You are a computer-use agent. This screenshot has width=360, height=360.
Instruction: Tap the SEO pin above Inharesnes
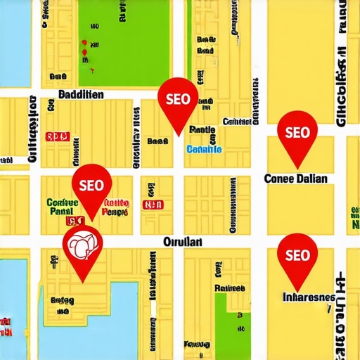297,255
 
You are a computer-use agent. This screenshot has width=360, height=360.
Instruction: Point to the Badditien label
81,94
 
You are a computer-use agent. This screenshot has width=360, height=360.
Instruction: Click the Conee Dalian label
295,179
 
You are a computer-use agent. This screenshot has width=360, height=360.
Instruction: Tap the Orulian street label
182,242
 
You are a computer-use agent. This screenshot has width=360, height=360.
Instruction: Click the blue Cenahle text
205,149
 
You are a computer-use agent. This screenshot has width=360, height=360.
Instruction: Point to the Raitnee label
229,288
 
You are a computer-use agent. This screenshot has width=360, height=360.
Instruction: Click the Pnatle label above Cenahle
202,130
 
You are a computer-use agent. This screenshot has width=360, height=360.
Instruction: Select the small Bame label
157,141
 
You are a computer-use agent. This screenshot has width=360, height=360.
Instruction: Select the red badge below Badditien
57,137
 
